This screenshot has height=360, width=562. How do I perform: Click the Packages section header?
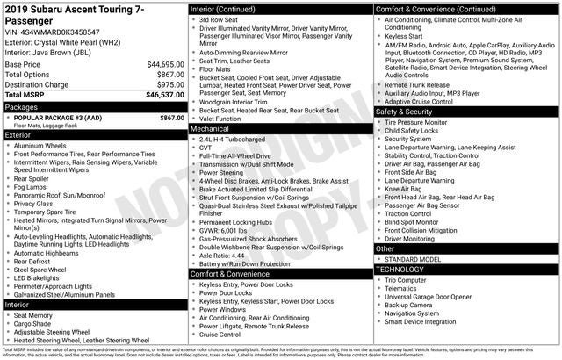coord(22,106)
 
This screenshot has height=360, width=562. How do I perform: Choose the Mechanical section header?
coord(215,128)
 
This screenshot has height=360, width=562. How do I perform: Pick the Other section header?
coord(386,248)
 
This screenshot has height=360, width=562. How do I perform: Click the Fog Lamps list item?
coord(30,187)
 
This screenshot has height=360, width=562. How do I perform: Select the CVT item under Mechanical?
coord(206,148)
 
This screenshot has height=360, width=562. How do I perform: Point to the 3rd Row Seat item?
coord(217,19)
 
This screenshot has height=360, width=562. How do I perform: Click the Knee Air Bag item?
coord(404,189)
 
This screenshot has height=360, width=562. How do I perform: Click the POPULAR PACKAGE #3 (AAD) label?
coord(59,118)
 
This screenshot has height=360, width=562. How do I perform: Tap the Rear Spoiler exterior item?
coord(32,178)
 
